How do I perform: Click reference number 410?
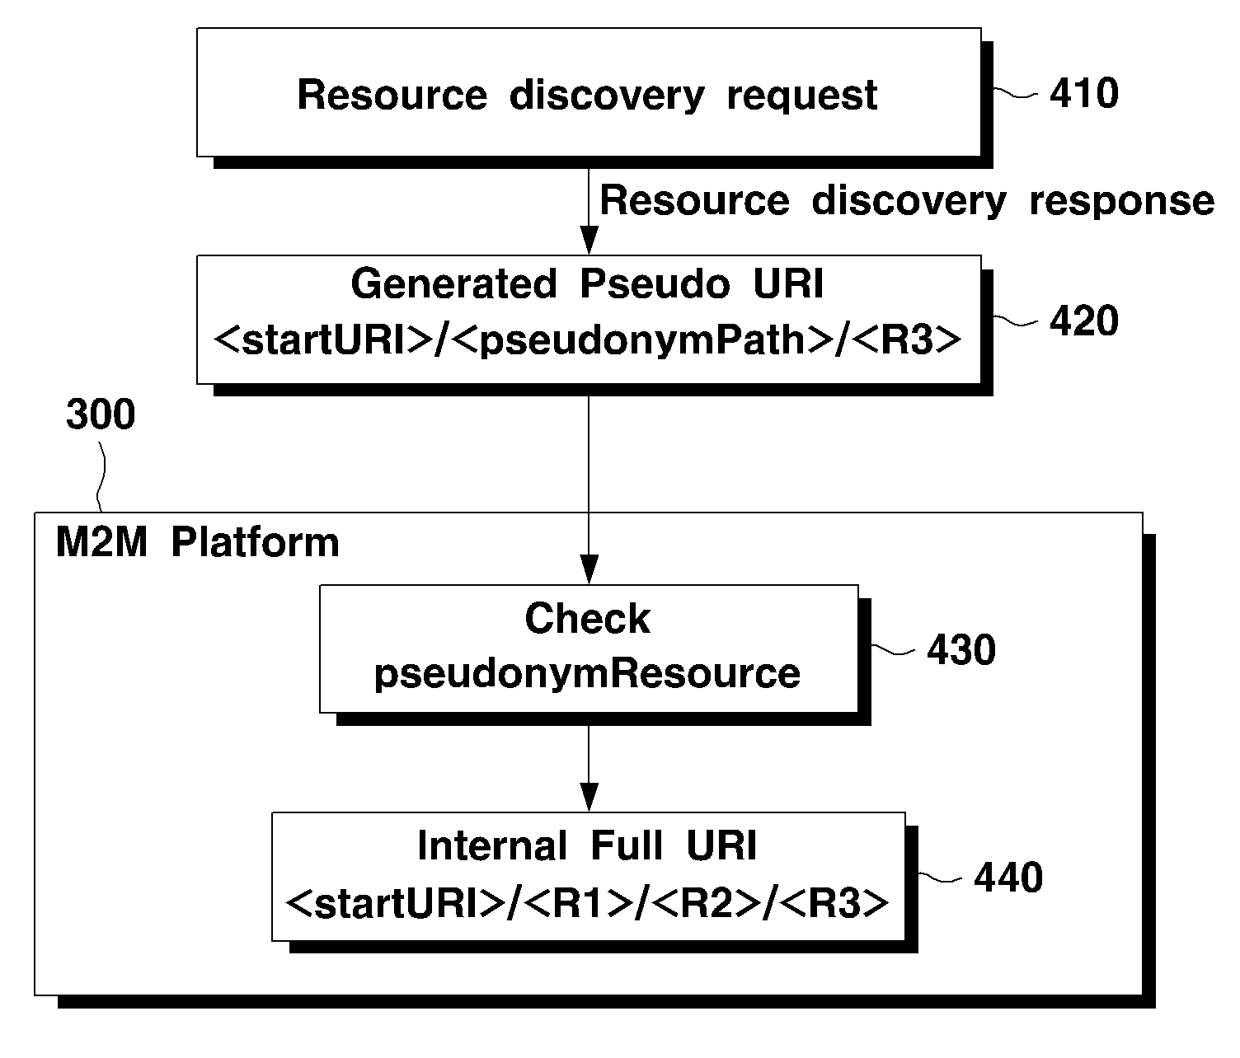(x=1083, y=93)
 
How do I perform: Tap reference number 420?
(x=1083, y=321)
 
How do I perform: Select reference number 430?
(x=961, y=649)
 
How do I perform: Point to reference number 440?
(x=1008, y=877)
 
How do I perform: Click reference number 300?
(x=101, y=414)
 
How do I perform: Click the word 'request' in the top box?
(x=801, y=96)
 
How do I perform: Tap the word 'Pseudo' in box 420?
(x=655, y=283)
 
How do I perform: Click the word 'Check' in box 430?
(x=587, y=618)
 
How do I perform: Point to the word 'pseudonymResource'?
(x=587, y=674)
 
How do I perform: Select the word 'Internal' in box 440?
(x=492, y=845)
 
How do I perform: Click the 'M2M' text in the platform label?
(x=101, y=542)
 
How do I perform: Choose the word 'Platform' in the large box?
(x=255, y=542)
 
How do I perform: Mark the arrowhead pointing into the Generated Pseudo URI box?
(x=589, y=241)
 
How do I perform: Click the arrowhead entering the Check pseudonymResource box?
(x=589, y=569)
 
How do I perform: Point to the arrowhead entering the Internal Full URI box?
(x=589, y=798)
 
